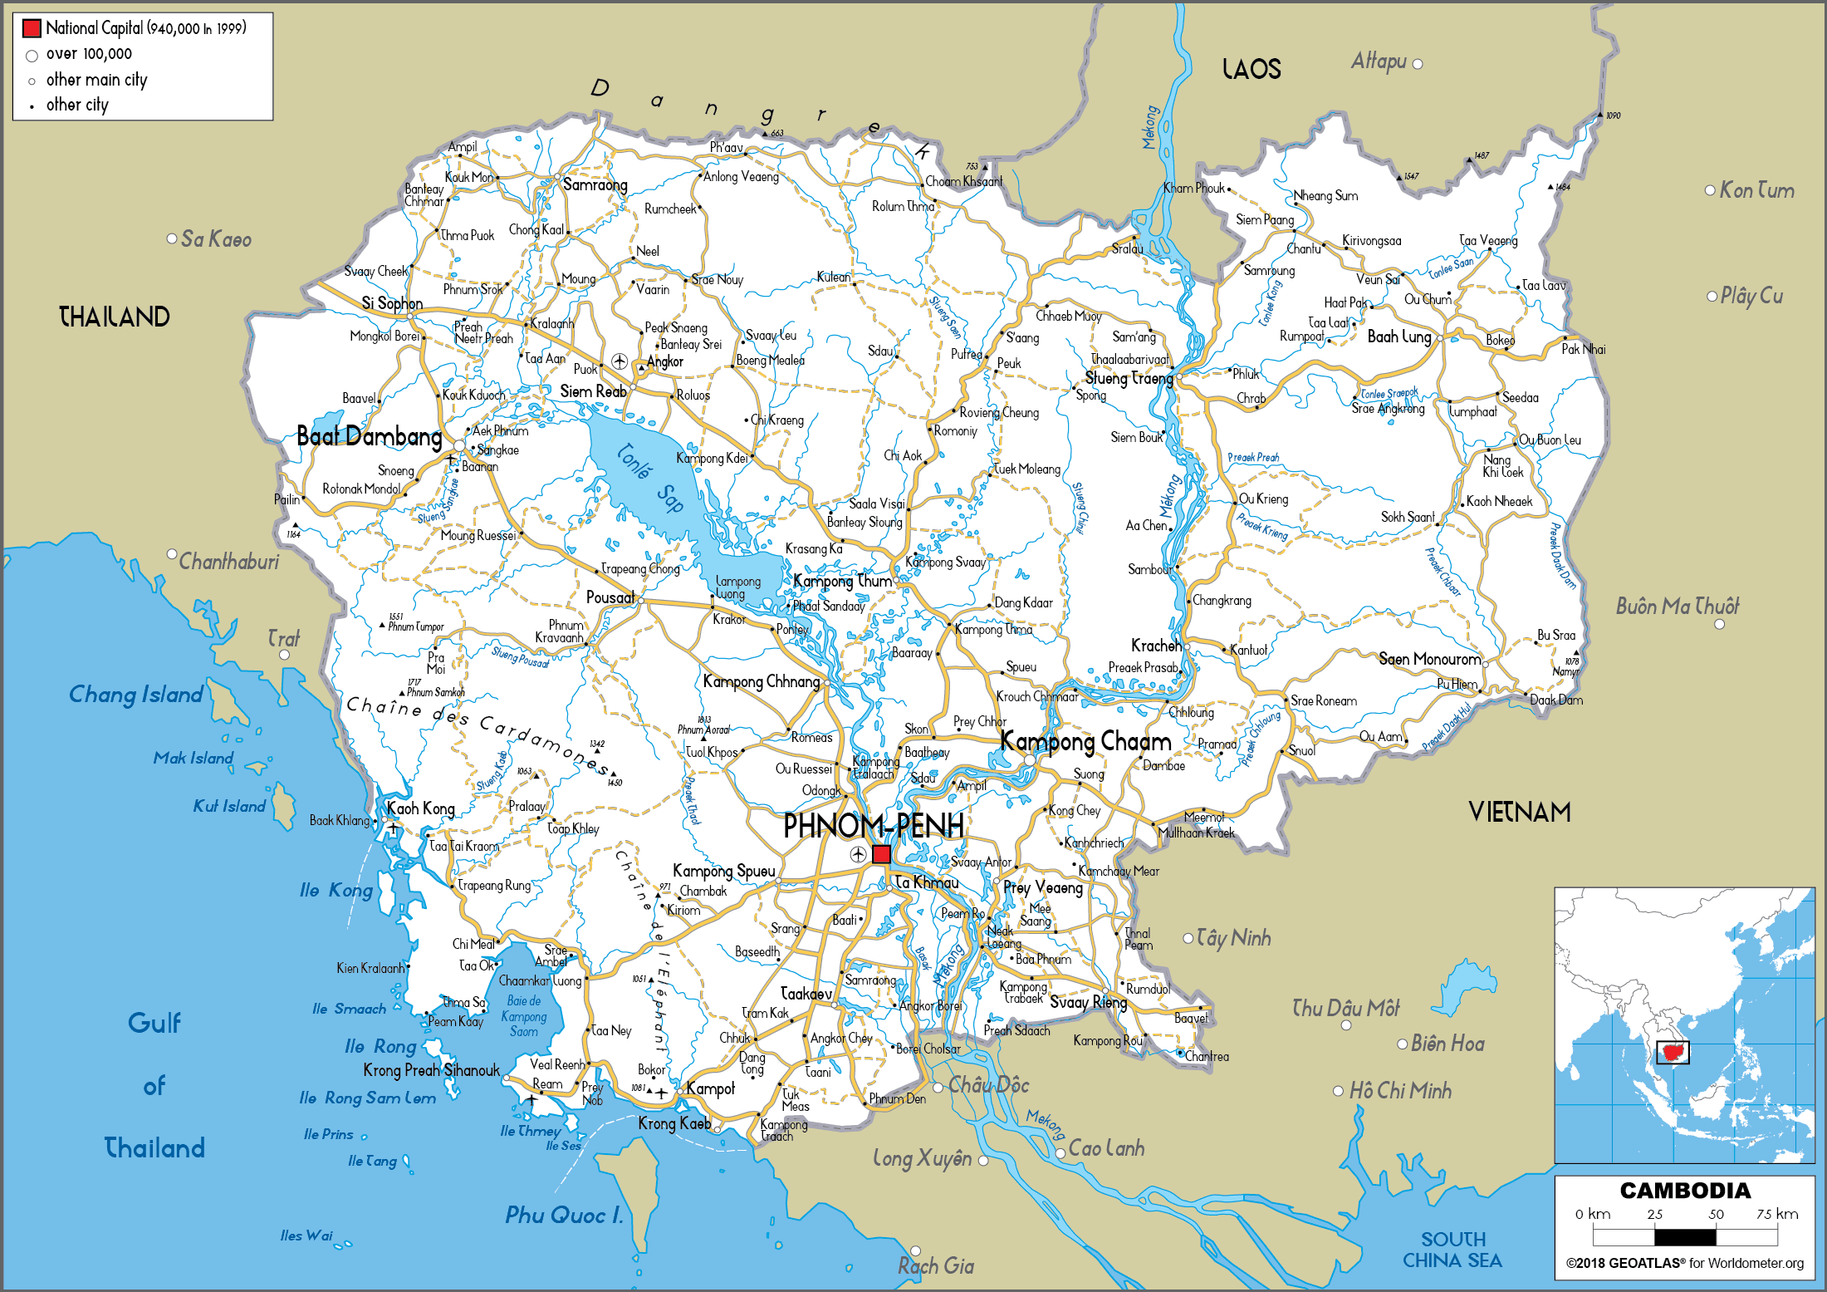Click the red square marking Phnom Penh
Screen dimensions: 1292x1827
coord(881,854)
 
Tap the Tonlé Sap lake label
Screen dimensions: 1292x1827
coord(650,477)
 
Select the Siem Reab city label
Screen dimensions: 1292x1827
coord(593,391)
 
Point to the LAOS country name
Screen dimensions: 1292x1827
coord(1251,69)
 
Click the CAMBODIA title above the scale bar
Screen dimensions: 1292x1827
coord(1685,1191)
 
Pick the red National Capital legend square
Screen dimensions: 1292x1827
coord(32,28)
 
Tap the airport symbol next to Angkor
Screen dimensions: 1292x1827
coord(620,361)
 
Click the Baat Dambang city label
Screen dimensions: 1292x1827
coord(369,435)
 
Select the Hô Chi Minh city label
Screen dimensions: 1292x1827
coord(1400,1090)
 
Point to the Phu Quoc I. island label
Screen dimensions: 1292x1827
coord(564,1215)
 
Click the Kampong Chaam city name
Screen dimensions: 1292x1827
coord(1085,741)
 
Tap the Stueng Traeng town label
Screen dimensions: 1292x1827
coord(1129,378)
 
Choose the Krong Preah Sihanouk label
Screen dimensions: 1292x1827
coord(431,1070)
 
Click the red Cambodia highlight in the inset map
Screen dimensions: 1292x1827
coord(1673,1054)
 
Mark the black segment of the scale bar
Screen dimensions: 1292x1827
coord(1685,1236)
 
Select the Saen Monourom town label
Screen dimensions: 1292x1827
coord(1429,659)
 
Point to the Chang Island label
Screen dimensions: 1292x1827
coord(135,695)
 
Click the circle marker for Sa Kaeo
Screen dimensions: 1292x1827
coord(172,238)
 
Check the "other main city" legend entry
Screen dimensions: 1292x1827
coord(96,80)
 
